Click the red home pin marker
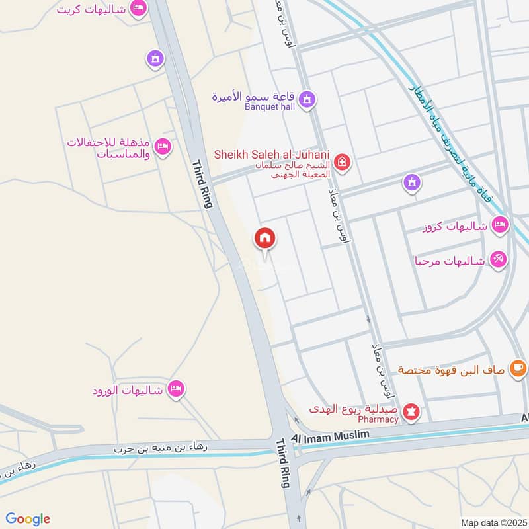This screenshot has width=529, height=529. click(265, 238)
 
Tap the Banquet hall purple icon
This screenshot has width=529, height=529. click(307, 100)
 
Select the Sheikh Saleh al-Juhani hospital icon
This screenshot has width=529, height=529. click(342, 160)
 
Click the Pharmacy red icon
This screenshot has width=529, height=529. click(412, 412)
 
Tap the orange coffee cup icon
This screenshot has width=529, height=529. click(517, 368)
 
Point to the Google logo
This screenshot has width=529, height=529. click(28, 519)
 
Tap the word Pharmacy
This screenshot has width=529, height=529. click(378, 419)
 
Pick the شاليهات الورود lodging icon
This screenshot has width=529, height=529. click(175, 389)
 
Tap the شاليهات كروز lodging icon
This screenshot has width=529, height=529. click(500, 225)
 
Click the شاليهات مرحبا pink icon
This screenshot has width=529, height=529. click(499, 260)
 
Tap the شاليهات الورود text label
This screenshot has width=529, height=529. click(128, 390)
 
